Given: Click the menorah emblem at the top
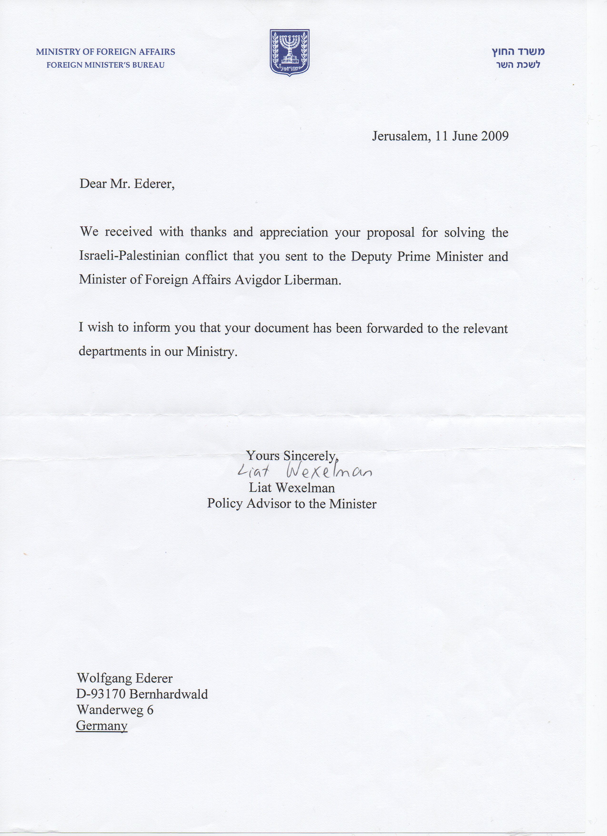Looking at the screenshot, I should pos(289,52).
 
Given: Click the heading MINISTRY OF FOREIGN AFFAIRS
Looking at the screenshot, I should pos(105,52).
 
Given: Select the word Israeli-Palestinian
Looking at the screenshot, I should pos(129,256).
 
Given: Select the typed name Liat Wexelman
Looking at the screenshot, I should pos(292,488).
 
